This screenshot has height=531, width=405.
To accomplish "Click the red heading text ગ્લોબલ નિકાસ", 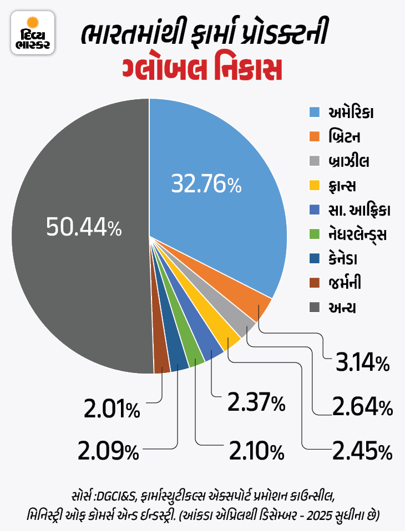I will click(x=202, y=71).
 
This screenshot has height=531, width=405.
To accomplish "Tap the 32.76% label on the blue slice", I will click(x=206, y=183).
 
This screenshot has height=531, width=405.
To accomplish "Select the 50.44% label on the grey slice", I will click(x=84, y=227).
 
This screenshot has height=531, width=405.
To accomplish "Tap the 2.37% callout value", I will click(x=256, y=402).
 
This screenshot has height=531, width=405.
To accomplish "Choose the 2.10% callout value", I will click(x=256, y=452).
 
